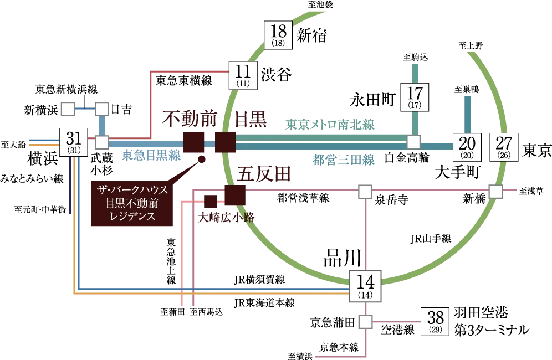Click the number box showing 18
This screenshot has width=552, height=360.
coord(278,35)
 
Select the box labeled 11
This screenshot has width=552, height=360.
coord(243,75)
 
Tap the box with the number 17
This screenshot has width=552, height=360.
coord(415,96)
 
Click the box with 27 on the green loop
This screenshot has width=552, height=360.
coord(504,148)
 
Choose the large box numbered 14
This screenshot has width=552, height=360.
coord(366,286)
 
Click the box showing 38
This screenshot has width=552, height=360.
coord(436,321)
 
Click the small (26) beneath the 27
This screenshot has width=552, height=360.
coord(504,156)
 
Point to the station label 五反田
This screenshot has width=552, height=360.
coord(255,173)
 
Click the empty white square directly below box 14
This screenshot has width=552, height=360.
coord(365,322)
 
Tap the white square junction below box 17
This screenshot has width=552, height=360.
coord(412,142)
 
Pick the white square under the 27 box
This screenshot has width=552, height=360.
coord(495,192)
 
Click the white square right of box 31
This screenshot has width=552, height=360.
coord(102,142)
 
